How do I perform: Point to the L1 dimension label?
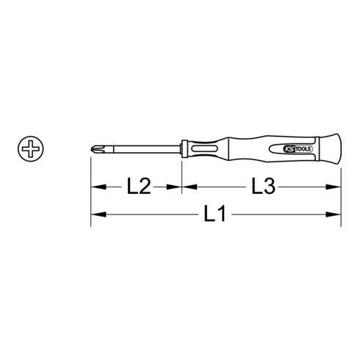[217, 215]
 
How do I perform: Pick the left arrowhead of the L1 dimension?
[95, 215]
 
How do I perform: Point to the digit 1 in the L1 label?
[223, 215]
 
